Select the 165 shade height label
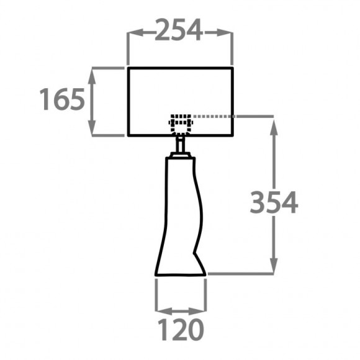point(62,99)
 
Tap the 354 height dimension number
point(274,203)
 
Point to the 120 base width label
point(180,330)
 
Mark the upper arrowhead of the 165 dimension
point(92,73)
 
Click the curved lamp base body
point(179,217)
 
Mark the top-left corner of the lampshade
point(128,68)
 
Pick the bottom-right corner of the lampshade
point(233,135)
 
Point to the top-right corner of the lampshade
point(233,68)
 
